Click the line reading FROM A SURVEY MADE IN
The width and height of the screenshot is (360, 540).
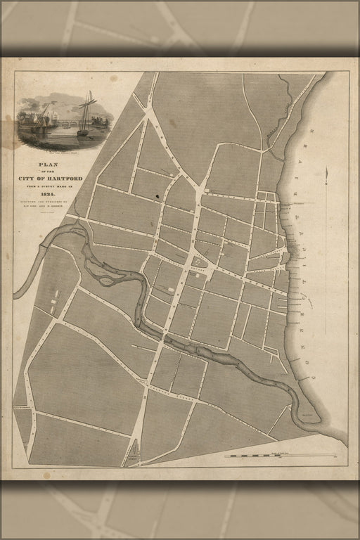(50, 187)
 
